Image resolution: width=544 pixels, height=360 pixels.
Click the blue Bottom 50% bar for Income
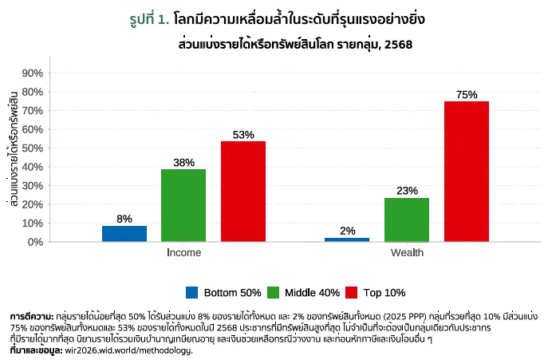(x=124, y=233)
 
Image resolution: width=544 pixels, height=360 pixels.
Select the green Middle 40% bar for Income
(x=183, y=205)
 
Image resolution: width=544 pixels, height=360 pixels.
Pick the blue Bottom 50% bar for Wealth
(x=347, y=239)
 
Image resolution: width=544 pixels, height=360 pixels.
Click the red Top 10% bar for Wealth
(x=466, y=171)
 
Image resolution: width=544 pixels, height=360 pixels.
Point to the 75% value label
(x=467, y=95)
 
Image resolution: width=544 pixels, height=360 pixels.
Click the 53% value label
(x=243, y=135)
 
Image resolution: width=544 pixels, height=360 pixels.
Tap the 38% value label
(x=183, y=163)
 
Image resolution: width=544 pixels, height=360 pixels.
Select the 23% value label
(x=407, y=191)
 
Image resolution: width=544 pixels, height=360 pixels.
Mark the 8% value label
(x=124, y=219)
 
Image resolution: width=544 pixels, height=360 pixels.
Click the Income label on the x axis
(x=183, y=253)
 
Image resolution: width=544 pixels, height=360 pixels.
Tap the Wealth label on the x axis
(x=407, y=253)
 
